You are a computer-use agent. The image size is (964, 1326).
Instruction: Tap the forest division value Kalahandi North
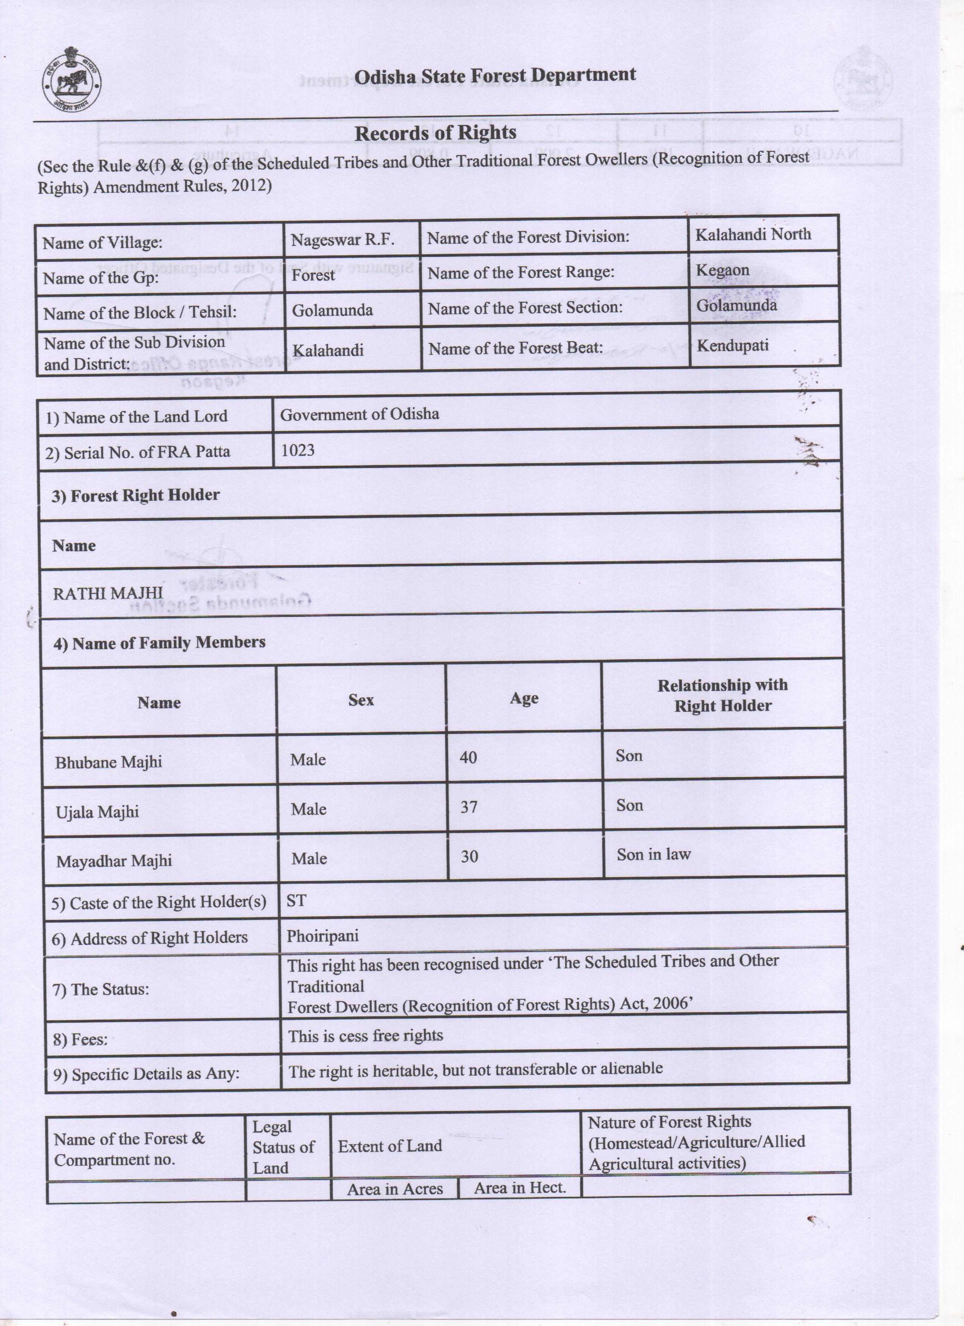753,235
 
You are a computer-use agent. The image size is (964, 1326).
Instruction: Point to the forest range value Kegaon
722,270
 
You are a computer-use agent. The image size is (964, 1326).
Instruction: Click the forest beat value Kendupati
732,346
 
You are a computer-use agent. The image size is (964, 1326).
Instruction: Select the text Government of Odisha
359,414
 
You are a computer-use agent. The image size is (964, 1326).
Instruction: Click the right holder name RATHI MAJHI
108,593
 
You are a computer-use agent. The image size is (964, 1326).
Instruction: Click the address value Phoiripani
322,936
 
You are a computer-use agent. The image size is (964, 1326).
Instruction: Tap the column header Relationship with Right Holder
722,695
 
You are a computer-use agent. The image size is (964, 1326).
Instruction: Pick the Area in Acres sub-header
395,1188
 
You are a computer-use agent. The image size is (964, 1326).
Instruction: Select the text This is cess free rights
366,1035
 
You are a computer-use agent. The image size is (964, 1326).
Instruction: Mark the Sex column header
361,700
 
